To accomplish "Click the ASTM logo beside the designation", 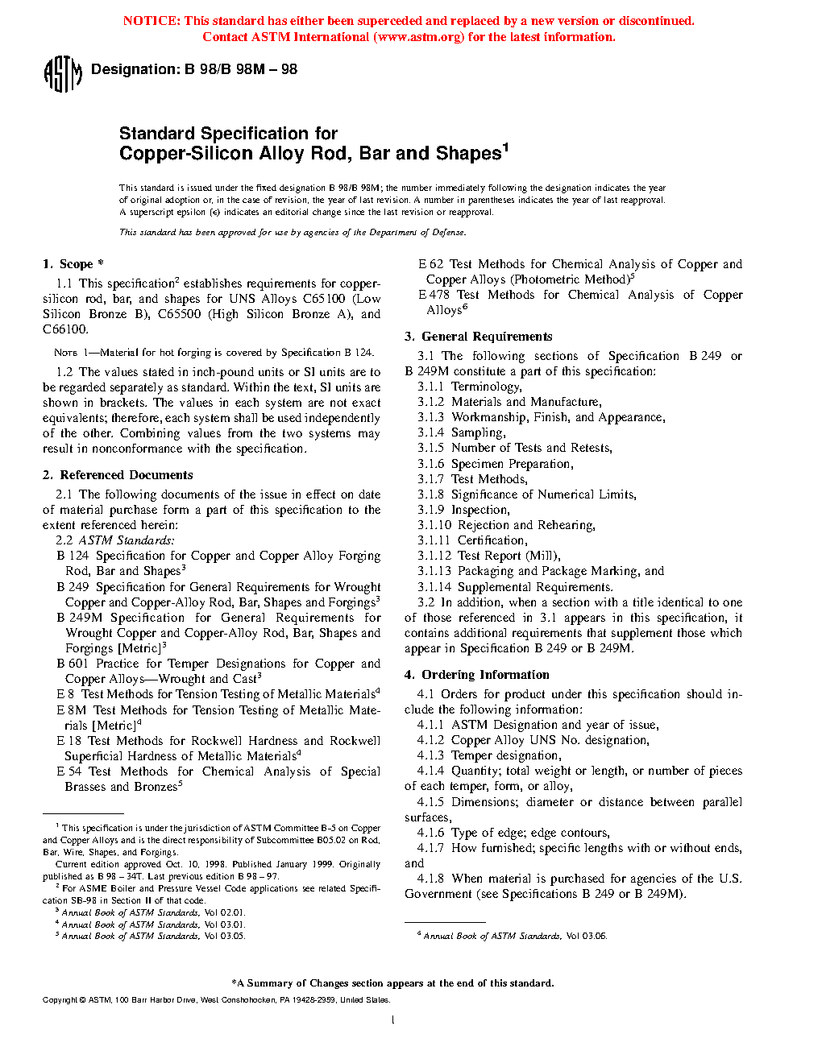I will coord(62,74).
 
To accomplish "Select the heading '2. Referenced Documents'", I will coord(118,475).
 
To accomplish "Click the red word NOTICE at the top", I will coord(151,21).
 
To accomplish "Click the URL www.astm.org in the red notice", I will coord(419,37).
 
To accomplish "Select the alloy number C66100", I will coord(65,329).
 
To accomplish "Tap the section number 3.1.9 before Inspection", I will coord(430,510).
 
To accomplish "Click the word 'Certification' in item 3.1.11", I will coord(492,540).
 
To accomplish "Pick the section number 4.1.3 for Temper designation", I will coord(430,755).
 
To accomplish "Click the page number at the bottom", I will coord(392,1020).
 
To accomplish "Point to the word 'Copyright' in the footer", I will coord(60,1000).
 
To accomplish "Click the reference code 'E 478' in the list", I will coord(434,295).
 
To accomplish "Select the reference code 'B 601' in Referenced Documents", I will coord(72,664).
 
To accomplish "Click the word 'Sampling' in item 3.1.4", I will coord(478,432).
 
